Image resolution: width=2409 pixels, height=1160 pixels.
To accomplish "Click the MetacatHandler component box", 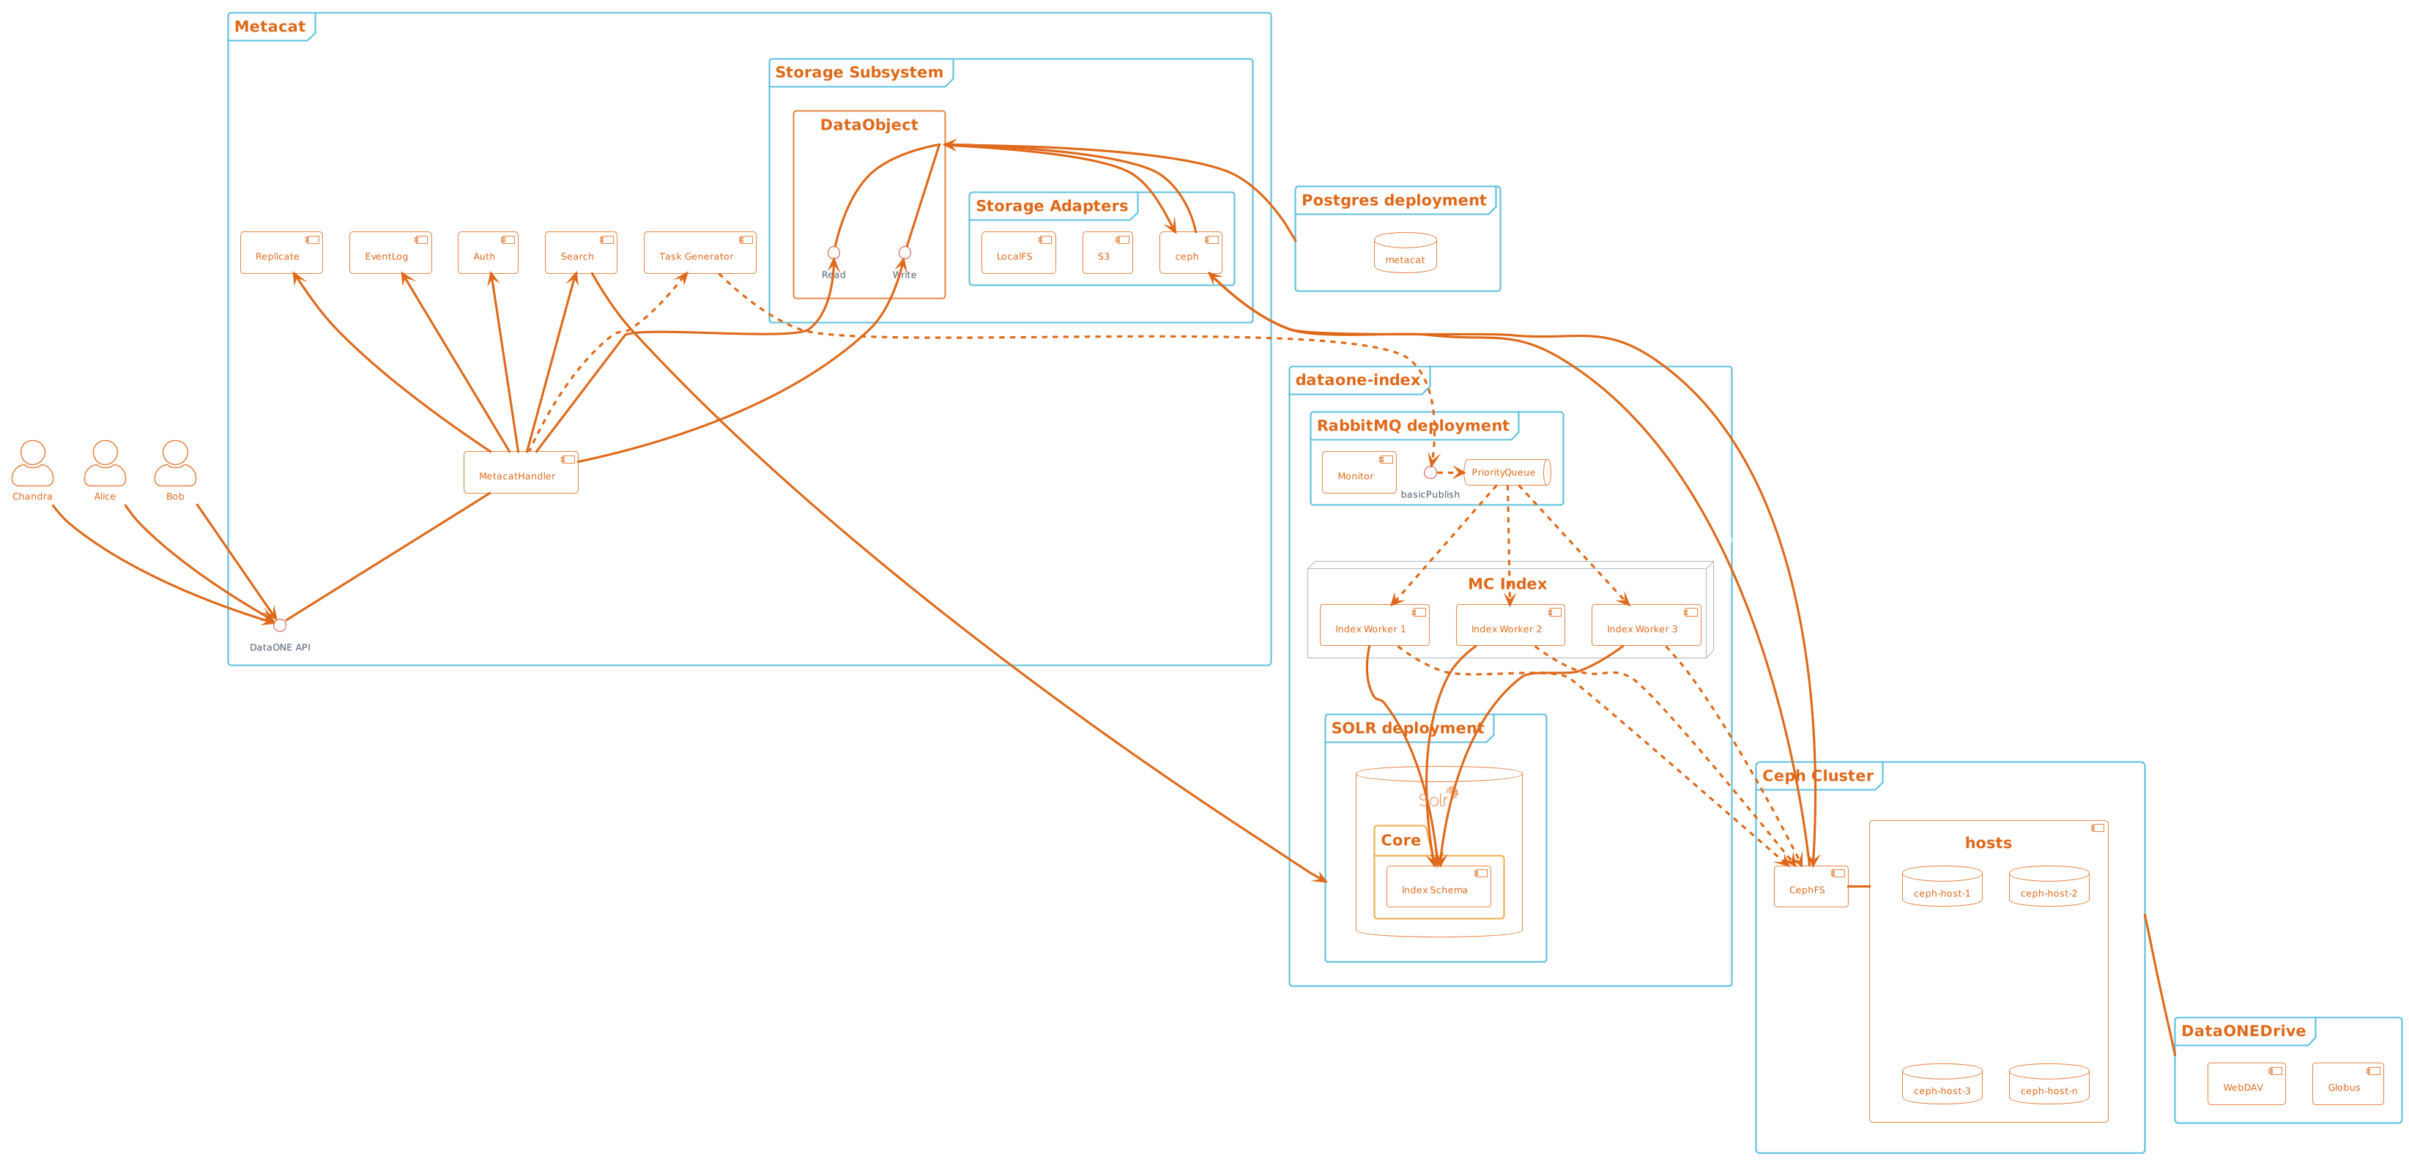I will pyautogui.click(x=520, y=473).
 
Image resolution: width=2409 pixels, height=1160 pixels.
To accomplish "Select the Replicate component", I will pyautogui.click(x=281, y=253).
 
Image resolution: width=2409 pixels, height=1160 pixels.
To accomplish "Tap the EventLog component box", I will pyautogui.click(x=390, y=253).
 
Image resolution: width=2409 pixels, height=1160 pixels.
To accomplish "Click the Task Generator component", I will pyautogui.click(x=699, y=253).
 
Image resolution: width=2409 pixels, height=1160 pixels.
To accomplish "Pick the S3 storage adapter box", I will pyautogui.click(x=1106, y=253).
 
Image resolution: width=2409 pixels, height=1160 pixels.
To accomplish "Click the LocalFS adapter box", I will pyautogui.click(x=1017, y=253).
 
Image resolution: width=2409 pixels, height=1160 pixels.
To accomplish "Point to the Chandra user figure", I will pyautogui.click(x=31, y=464).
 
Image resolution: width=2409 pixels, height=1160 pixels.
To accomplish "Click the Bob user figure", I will pyautogui.click(x=175, y=464).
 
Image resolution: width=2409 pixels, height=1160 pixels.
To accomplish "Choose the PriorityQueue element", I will pyautogui.click(x=1506, y=472).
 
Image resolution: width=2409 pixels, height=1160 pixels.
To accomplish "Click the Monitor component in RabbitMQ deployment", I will pyautogui.click(x=1358, y=473).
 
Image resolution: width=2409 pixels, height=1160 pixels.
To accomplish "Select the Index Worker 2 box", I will pyautogui.click(x=1508, y=625).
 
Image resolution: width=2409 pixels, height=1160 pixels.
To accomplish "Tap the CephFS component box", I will pyautogui.click(x=1810, y=886).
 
